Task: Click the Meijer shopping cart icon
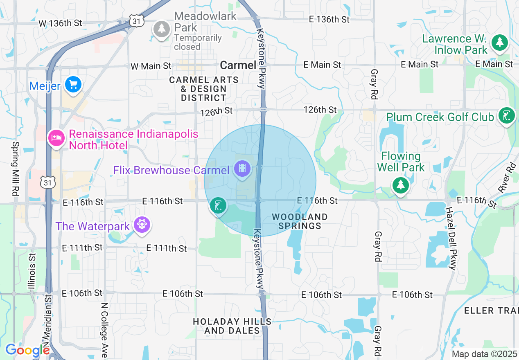click(73, 85)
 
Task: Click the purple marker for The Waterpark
click(142, 225)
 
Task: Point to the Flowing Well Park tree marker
click(400, 186)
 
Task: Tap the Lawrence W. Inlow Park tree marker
click(499, 43)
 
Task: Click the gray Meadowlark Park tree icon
click(162, 29)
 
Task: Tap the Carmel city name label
click(238, 65)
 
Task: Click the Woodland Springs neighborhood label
click(300, 221)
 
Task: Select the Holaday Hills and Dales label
click(232, 326)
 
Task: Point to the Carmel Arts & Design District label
click(204, 89)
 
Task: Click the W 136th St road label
click(60, 23)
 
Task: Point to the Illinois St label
click(33, 271)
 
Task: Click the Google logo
click(27, 351)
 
